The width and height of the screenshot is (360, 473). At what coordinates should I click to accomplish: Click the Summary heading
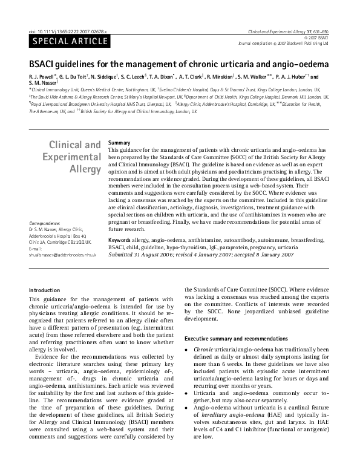click(x=119, y=142)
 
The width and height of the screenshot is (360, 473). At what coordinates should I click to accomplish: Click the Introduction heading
click(x=45, y=290)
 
